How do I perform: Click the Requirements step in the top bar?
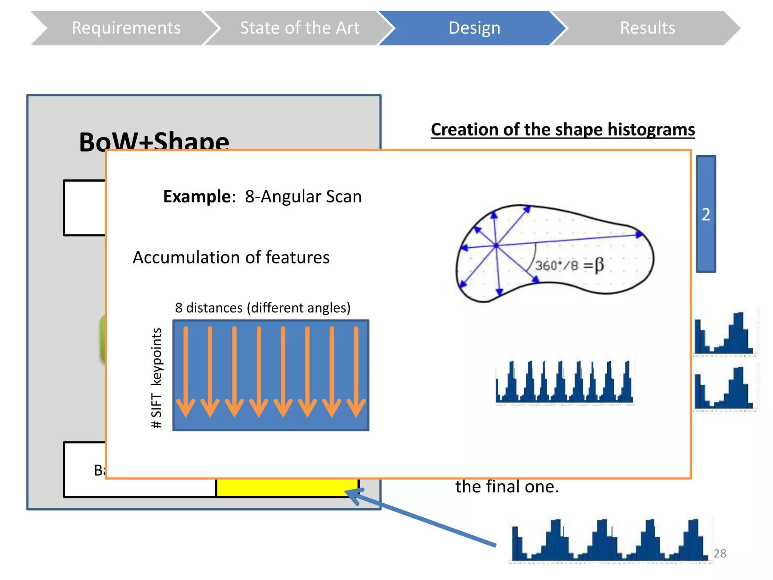point(126,28)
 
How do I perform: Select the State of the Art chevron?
point(300,28)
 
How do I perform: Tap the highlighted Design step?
point(474,28)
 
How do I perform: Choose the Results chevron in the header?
point(647,28)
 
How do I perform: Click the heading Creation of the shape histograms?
point(562,130)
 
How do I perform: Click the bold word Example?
point(197,196)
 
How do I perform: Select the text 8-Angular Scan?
point(303,196)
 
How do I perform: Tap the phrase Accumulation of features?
point(231,258)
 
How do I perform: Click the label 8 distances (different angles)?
point(263,308)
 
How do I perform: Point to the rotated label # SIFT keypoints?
point(157,378)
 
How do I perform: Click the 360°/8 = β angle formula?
point(569,265)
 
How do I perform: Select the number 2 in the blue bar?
point(706,214)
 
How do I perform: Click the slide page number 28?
point(720,554)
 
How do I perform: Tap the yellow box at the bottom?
point(287,488)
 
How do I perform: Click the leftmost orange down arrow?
point(186,372)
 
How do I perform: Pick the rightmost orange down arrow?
point(356,372)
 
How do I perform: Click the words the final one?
point(507,487)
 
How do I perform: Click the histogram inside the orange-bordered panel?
point(565,382)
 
